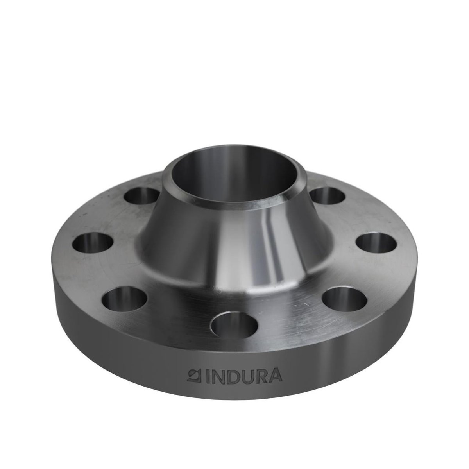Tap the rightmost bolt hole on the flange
376,243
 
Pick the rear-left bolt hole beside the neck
141,196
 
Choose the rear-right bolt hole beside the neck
328,195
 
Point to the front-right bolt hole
345,299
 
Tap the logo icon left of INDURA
194,382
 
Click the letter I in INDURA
208,382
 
